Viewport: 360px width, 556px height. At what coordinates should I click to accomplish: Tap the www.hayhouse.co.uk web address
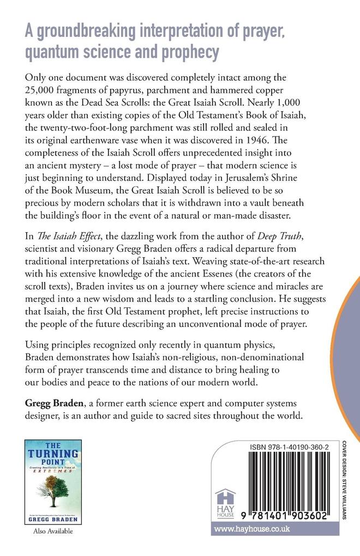point(251,528)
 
